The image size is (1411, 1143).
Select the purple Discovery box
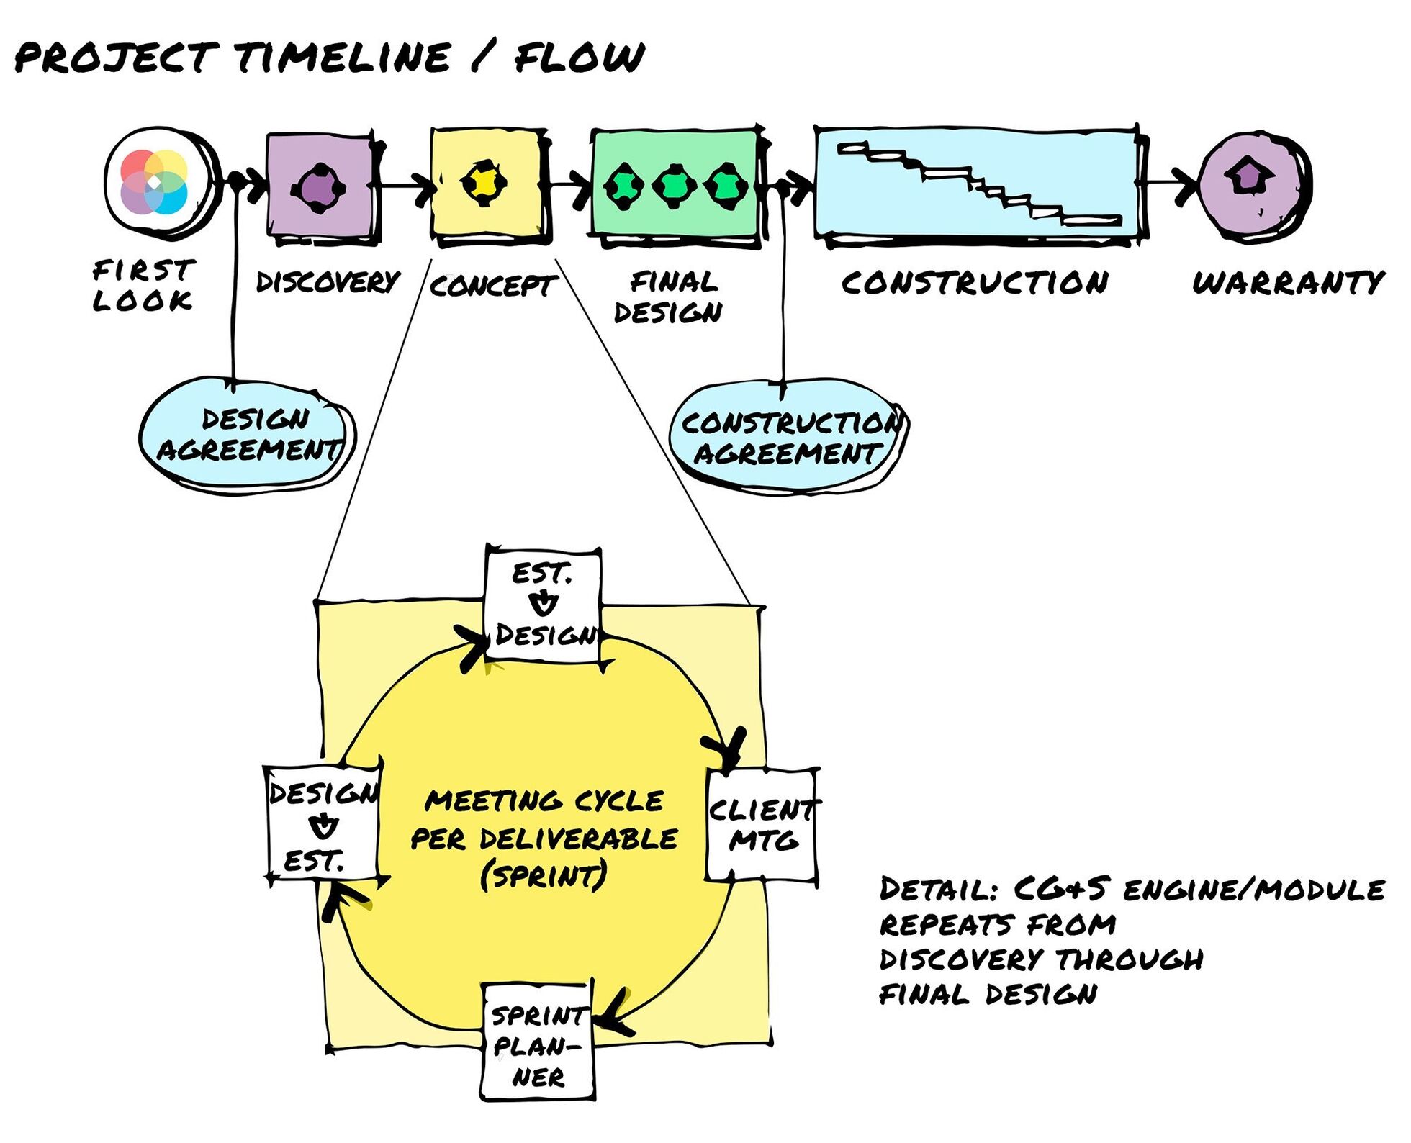[320, 186]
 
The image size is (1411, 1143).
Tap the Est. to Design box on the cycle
[544, 605]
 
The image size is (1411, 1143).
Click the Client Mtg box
[762, 825]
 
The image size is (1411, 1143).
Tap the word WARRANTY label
[1287, 282]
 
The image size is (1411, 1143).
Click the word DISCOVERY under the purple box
[328, 282]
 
